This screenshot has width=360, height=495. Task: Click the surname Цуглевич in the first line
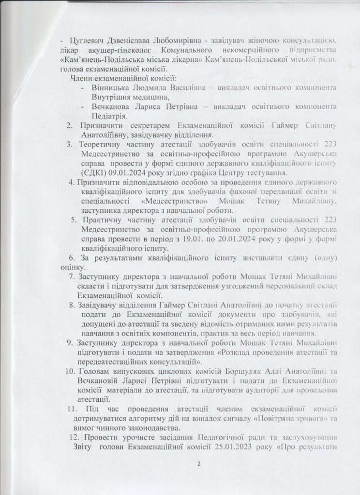click(x=88, y=39)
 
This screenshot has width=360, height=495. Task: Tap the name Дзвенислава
click(x=133, y=39)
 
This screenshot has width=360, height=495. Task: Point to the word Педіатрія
click(x=109, y=116)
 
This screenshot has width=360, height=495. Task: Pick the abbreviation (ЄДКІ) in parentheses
click(x=92, y=174)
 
